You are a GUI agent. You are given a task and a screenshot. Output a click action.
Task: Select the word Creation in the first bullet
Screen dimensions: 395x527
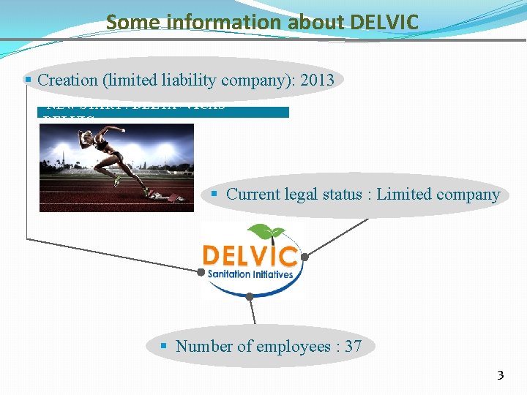(68, 80)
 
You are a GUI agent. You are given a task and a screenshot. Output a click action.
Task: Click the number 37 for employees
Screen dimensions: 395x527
(353, 346)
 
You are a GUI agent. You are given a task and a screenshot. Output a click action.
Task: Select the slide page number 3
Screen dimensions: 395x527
(501, 376)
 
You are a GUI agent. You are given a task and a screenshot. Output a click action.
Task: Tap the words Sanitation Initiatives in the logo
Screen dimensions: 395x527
(250, 274)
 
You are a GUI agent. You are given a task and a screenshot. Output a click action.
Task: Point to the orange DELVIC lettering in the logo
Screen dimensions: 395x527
(250, 256)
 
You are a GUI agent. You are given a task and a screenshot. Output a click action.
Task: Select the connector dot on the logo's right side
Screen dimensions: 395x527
(305, 257)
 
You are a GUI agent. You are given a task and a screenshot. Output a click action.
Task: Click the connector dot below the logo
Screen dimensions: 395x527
(250, 296)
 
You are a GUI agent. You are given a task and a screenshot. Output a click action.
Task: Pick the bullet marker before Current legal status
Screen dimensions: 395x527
(214, 194)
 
